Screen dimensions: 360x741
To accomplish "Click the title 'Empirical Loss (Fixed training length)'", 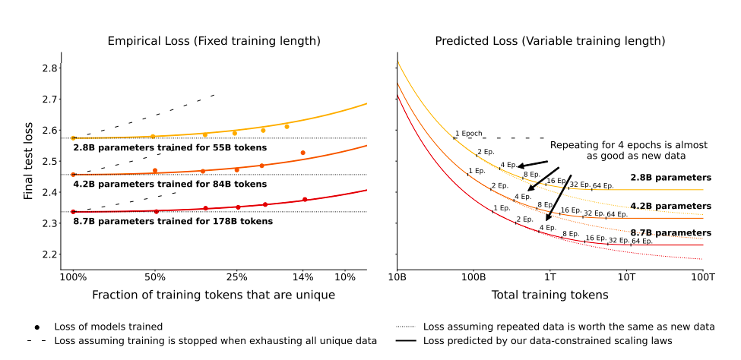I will coord(214,40).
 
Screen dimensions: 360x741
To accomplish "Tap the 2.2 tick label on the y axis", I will coord(48,254).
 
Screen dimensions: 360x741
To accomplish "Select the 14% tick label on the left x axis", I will coord(303,277).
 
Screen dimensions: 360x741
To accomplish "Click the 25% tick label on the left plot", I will coord(236,277).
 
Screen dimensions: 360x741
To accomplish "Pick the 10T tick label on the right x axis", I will coord(626,277).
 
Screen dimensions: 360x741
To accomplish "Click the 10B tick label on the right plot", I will coord(397,277).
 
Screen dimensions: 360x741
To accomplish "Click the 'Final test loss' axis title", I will coord(28,162).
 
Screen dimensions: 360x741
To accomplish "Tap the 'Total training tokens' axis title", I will coord(549,295).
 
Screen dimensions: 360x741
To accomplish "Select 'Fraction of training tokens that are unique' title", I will coord(214,295).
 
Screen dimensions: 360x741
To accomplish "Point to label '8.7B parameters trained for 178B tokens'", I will coord(173,222).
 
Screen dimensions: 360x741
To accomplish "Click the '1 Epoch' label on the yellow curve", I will coord(469,134).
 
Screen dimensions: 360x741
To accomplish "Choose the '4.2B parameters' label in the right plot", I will coord(670,206).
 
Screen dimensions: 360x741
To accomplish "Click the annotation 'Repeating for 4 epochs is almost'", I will coord(629,144).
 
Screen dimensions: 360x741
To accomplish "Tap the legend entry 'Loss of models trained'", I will coord(108,327).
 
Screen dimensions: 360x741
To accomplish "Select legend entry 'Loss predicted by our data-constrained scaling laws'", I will coord(547,341).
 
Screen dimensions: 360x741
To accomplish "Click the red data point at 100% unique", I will coord(74,212).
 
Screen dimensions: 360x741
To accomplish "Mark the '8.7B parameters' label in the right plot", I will coord(670,232).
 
